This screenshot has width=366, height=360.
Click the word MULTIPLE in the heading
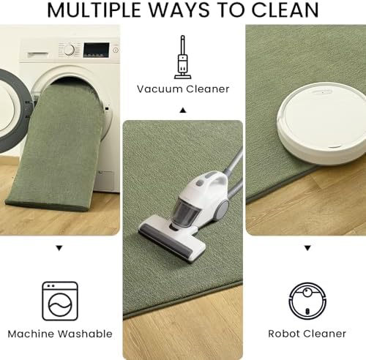tap(94, 10)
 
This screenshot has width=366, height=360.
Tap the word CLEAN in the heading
tap(285, 10)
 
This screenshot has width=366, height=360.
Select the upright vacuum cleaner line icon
tap(183, 57)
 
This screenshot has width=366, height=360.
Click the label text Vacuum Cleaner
tap(183, 89)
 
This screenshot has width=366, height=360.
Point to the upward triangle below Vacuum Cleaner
tap(183, 110)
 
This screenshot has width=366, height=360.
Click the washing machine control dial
tap(70, 50)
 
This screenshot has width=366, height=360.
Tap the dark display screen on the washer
tap(96, 50)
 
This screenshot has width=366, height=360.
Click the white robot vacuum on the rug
tap(321, 123)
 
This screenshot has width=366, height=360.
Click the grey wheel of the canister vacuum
tap(221, 209)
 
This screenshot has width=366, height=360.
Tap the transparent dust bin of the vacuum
tap(186, 211)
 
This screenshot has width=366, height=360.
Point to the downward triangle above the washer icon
tap(59, 248)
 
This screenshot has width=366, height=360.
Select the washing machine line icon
tap(60, 301)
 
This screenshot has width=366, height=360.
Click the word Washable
tap(86, 334)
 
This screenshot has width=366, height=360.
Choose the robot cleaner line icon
tap(307, 301)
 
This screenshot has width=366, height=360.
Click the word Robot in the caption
tap(284, 334)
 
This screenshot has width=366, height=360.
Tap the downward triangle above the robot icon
tap(307, 248)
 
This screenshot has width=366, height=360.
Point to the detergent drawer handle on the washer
tap(38, 54)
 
